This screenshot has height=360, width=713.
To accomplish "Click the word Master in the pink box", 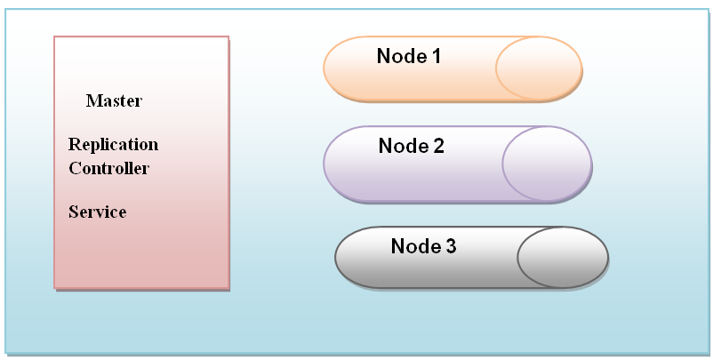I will coord(114,101).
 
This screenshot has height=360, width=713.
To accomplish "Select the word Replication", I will coord(113,145).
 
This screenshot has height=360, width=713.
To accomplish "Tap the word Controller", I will coord(108,168).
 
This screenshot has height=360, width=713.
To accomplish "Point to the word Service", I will coord(97,212).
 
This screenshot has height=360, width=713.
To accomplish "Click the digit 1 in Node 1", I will coord(436,57).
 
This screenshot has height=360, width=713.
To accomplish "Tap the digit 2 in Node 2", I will coord(437,147).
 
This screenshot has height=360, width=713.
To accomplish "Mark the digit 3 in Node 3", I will coord(450,247).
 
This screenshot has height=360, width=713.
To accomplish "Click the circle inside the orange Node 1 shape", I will coord(538,68).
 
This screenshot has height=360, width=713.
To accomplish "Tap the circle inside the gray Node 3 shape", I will coord(562,258).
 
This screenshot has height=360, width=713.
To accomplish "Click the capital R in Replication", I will coord(74,145).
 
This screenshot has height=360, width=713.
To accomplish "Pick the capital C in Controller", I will coord(74,168).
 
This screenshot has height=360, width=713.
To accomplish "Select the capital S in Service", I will coord(72,212).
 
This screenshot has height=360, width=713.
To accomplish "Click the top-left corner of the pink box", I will coord(55,37).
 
